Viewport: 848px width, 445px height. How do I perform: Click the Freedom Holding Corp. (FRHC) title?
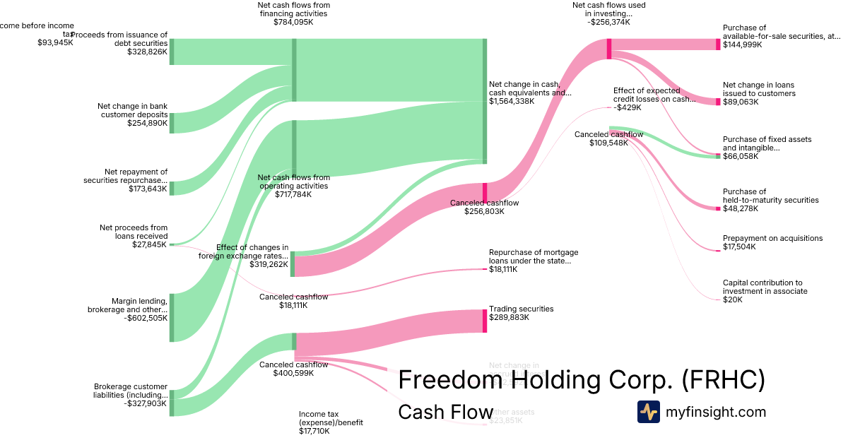tap(582, 379)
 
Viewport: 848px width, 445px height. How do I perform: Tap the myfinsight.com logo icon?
tap(648, 412)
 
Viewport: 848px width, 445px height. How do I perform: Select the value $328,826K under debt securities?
tap(147, 52)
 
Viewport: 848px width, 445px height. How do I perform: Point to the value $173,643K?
tap(148, 189)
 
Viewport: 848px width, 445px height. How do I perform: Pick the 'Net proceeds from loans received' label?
tap(133, 232)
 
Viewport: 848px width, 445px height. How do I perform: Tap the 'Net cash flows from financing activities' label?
tap(294, 9)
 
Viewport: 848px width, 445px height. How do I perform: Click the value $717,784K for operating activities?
tap(294, 194)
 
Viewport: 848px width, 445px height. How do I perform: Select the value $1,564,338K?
tap(512, 101)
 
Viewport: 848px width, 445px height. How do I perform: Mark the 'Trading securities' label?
tap(522, 309)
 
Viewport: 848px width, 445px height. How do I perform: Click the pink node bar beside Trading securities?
tap(485, 321)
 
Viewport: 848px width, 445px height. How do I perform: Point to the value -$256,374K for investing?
tap(608, 22)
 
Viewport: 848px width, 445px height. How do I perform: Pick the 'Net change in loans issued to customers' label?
tap(759, 89)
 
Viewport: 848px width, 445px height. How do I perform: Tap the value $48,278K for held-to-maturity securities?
tap(739, 208)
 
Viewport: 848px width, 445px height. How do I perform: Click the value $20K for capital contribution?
tap(733, 299)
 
